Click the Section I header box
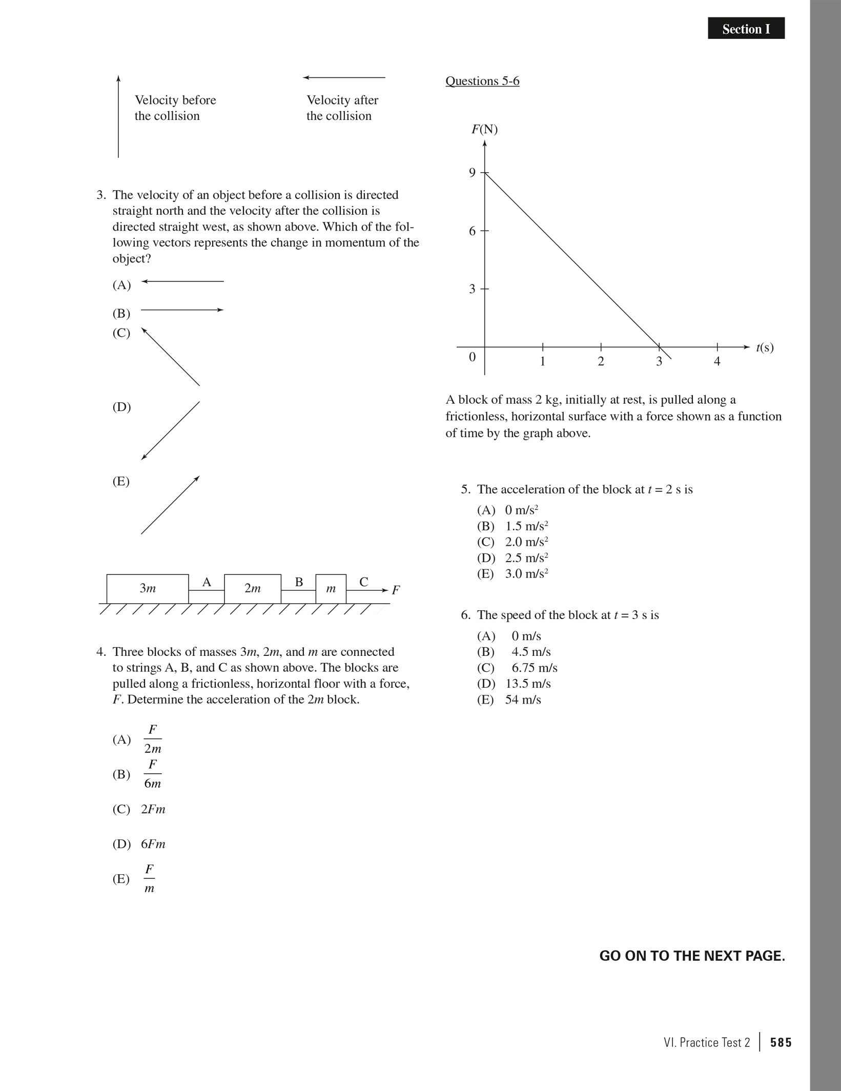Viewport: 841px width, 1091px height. (746, 29)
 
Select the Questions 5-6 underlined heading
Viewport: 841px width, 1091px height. (482, 81)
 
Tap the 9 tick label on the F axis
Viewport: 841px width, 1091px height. (472, 173)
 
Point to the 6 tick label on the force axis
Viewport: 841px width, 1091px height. (472, 231)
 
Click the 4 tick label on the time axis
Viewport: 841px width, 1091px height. (717, 361)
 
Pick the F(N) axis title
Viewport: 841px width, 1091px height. (484, 129)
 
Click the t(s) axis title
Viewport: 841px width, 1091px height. (765, 347)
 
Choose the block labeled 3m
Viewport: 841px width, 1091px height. (148, 589)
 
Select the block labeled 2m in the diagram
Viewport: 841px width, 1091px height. (253, 589)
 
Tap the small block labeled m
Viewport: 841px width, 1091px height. (331, 589)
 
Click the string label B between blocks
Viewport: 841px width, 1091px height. (299, 582)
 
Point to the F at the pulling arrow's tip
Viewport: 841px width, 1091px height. (396, 590)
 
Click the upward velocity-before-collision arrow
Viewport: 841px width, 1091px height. (118, 116)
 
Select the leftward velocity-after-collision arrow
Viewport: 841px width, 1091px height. (344, 78)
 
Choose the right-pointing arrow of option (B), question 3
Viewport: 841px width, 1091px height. (182, 310)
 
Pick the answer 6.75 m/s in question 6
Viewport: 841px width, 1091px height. (534, 668)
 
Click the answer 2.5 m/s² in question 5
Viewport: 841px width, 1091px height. (526, 558)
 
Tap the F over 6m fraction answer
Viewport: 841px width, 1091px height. (152, 774)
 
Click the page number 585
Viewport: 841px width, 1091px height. (781, 1042)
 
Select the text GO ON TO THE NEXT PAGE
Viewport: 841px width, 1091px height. (692, 956)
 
